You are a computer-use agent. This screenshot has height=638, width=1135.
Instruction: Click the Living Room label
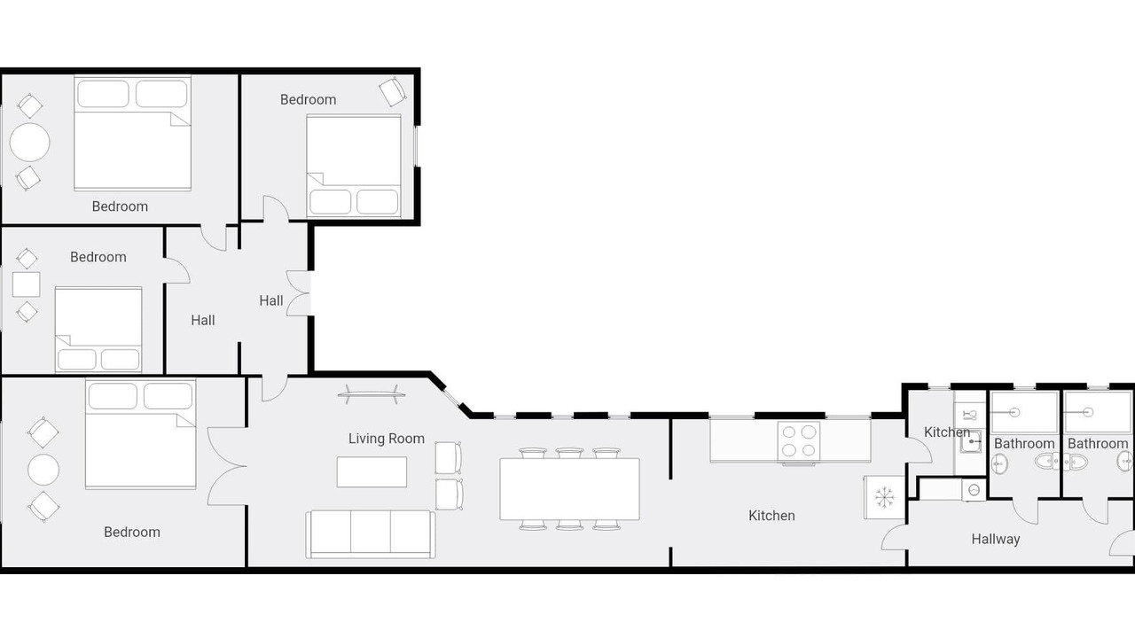[386, 439]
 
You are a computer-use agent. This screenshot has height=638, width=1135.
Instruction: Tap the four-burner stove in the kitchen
[799, 441]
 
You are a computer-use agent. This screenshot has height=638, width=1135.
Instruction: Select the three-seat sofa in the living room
[371, 533]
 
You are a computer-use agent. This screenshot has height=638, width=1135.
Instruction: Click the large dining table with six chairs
[569, 488]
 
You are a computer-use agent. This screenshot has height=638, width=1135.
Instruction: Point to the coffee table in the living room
[372, 472]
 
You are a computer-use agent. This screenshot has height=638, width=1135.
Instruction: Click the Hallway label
[995, 540]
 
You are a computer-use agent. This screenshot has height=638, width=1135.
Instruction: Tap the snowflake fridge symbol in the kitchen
[884, 497]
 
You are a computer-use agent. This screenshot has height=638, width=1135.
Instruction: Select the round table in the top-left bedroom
[30, 143]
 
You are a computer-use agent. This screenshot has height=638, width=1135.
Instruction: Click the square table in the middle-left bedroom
[27, 284]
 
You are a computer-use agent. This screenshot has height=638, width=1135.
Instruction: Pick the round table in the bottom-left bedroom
[43, 470]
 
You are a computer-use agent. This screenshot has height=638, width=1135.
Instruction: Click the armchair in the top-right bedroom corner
[393, 91]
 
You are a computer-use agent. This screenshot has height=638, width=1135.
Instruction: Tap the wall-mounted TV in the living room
[372, 393]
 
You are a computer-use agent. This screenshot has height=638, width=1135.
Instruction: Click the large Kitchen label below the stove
[771, 516]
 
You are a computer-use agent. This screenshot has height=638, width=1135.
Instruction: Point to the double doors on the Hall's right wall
[299, 293]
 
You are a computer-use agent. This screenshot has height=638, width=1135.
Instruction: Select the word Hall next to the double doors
[271, 300]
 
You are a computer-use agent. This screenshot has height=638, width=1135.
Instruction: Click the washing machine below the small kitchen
[974, 490]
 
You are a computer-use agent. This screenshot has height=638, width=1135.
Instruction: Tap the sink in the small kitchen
[971, 442]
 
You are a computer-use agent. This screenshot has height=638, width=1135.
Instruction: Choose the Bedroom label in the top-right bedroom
[308, 100]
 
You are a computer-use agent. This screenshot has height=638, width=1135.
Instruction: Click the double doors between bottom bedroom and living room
[227, 466]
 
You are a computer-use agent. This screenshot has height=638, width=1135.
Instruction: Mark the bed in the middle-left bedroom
[98, 330]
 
